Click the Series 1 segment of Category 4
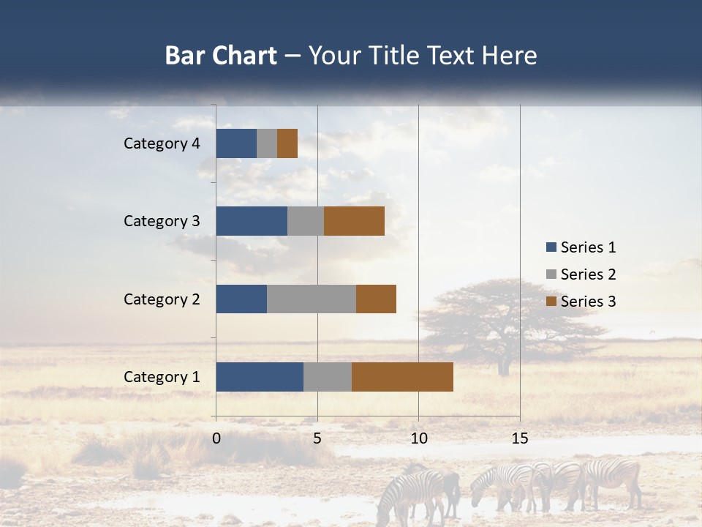point(236,143)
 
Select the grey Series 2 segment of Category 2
point(312,299)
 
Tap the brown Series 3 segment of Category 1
point(402,377)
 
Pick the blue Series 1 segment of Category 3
point(252,221)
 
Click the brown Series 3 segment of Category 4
point(287,143)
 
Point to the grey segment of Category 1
point(328,377)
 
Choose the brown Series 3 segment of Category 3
point(354,221)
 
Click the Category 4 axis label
point(162,143)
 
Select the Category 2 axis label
point(162,299)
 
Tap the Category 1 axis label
point(162,377)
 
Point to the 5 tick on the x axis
point(317,438)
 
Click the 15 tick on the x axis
point(520,438)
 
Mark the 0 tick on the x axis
point(216,438)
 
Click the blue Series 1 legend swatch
point(551,247)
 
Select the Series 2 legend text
point(588,274)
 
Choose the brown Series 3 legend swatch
point(551,302)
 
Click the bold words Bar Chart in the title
point(221,56)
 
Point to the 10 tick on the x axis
point(418,438)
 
